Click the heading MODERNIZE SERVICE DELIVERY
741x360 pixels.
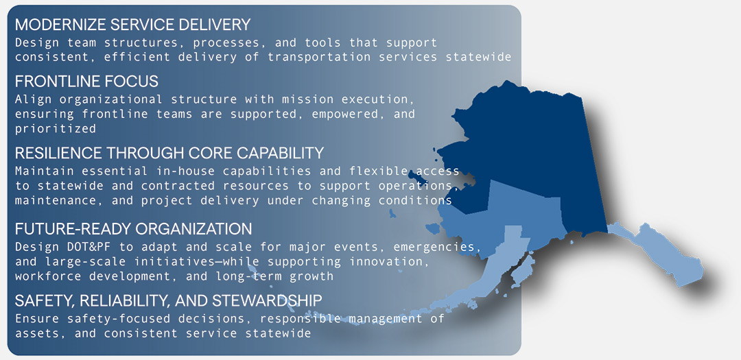[132, 25]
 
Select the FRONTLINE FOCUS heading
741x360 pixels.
[86, 82]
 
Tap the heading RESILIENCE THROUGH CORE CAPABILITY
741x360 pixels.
[169, 152]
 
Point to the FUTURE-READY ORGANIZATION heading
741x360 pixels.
[133, 229]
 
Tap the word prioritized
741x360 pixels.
[56, 128]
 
